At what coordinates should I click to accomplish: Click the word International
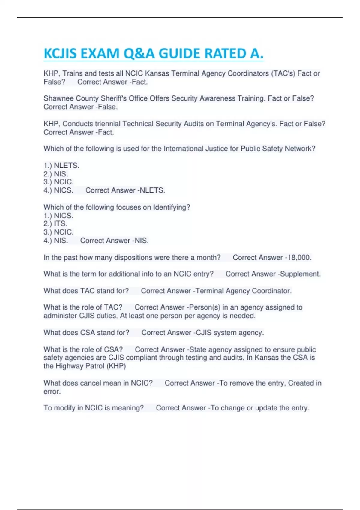click(x=183, y=148)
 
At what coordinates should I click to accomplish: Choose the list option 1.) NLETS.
click(x=61, y=166)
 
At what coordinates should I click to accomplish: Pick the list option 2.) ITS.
click(x=55, y=224)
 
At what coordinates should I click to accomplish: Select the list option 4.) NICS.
click(x=58, y=190)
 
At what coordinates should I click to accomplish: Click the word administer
click(x=60, y=316)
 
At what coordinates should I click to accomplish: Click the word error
click(x=52, y=391)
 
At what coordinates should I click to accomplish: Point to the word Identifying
click(x=171, y=207)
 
